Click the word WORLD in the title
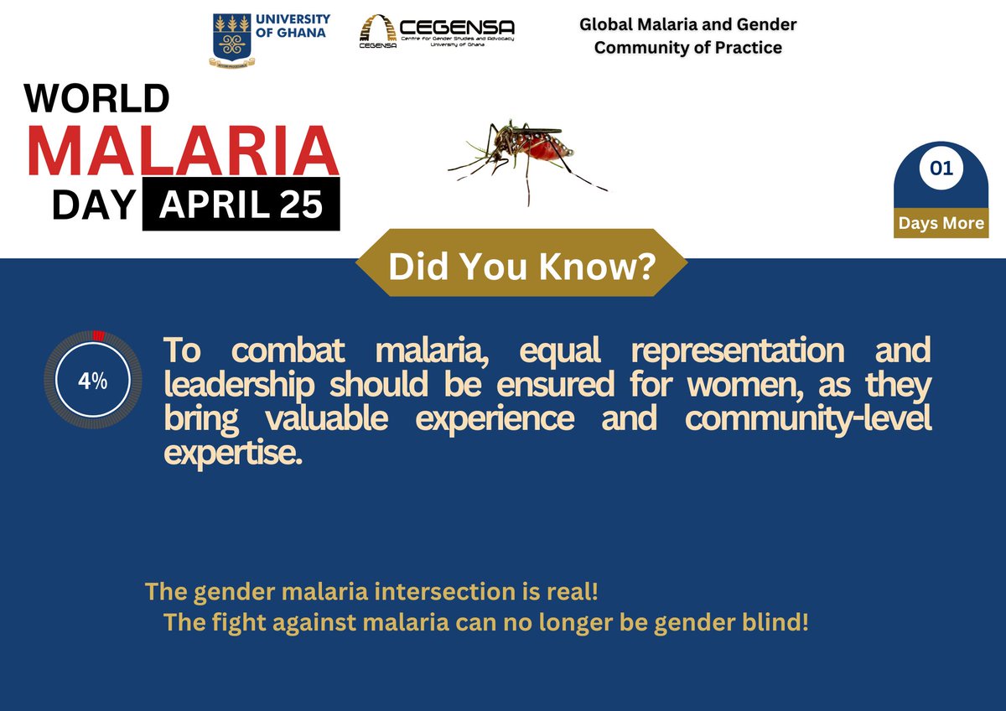click(96, 99)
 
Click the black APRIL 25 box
click(241, 204)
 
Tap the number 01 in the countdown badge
click(941, 169)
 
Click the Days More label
click(941, 224)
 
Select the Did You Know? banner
click(521, 267)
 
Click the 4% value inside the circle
click(93, 381)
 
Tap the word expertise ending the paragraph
click(232, 454)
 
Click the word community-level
click(807, 419)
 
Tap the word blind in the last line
click(776, 624)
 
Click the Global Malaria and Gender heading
click(687, 24)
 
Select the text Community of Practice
click(687, 48)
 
